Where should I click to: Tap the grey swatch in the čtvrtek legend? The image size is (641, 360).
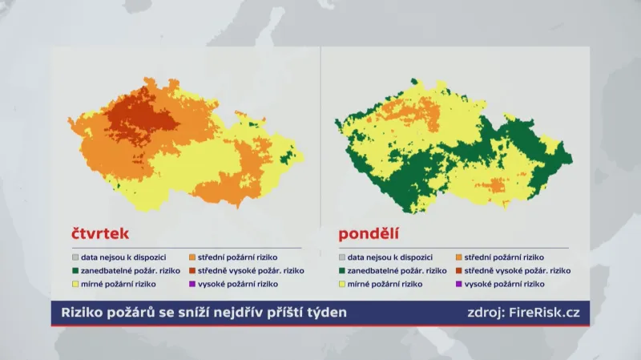point(75,257)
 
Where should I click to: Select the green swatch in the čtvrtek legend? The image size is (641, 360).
point(75,271)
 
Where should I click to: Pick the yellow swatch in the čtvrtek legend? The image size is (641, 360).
point(75,284)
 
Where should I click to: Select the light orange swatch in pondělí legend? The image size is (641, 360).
point(458,257)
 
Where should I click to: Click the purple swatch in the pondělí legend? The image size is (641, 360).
point(458,284)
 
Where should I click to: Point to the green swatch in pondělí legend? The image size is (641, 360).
point(342,271)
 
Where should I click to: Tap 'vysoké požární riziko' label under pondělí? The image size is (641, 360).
point(505,284)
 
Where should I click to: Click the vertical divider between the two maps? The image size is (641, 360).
point(321,136)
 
